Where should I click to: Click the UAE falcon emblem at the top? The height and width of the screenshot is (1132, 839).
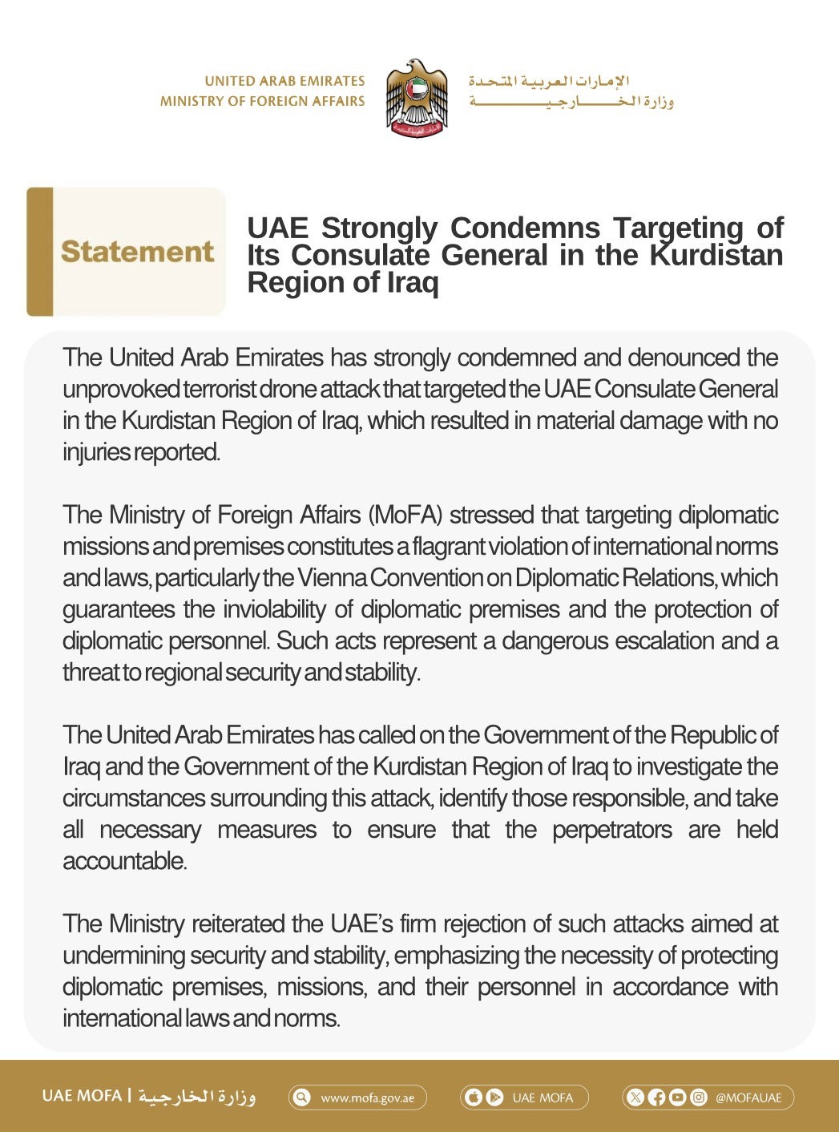[x=416, y=97]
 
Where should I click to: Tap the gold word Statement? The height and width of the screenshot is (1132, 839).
[x=137, y=252]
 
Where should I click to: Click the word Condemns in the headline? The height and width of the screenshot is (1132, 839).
[x=525, y=228]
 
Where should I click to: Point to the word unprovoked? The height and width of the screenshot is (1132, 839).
[x=121, y=390]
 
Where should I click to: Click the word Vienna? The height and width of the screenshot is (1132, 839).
[x=333, y=578]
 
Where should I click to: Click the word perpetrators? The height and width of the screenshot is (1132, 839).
[x=612, y=830]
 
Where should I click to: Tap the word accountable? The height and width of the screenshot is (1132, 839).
[x=124, y=861]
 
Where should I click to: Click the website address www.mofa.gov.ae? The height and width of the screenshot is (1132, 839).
[x=368, y=1098]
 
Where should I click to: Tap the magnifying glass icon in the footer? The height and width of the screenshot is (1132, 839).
[x=302, y=1097]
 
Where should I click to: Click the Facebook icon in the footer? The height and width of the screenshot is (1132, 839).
[x=656, y=1098]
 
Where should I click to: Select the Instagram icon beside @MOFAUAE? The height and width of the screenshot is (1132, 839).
[x=699, y=1098]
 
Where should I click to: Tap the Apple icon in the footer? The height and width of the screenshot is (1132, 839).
[x=474, y=1097]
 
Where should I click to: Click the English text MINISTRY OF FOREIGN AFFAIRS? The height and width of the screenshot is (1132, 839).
[x=262, y=101]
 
